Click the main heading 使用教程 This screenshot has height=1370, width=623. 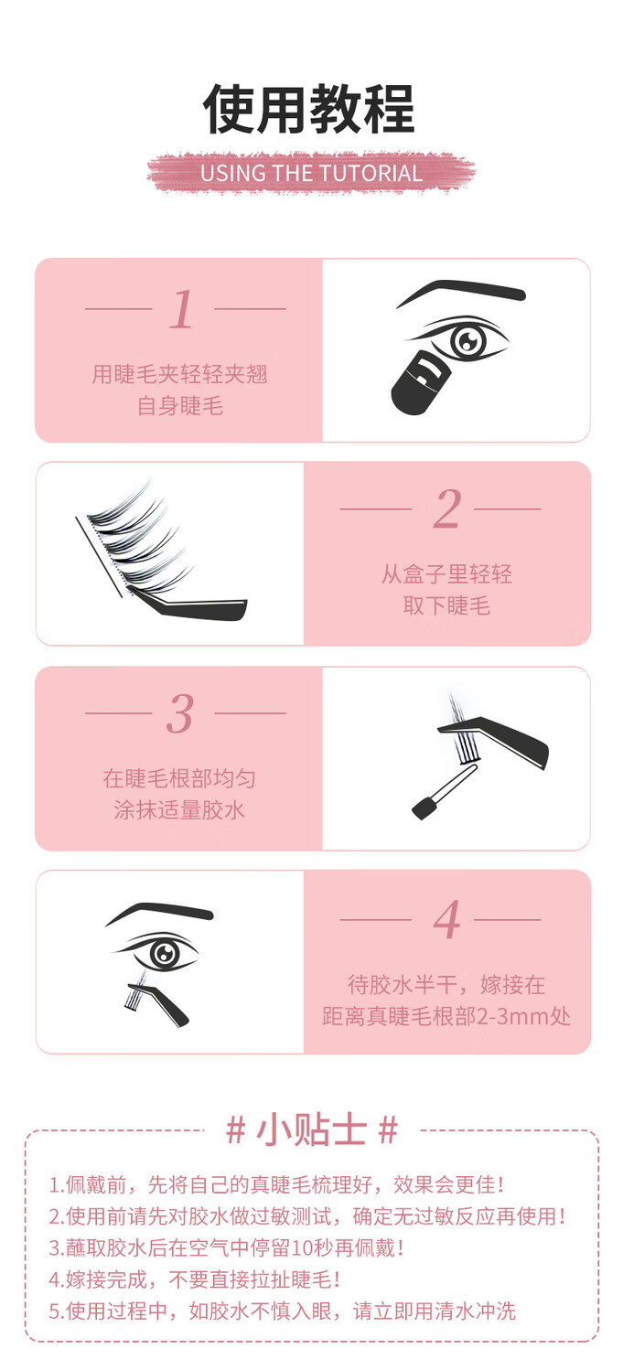[309, 109]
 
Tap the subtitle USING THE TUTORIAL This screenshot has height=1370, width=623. [311, 174]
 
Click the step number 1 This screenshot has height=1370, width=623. [181, 309]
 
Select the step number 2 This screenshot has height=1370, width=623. [446, 508]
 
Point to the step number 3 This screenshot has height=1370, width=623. [180, 713]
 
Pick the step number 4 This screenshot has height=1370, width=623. [446, 919]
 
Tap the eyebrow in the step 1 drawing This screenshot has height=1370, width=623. [461, 291]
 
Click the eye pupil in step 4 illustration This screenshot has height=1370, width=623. [164, 953]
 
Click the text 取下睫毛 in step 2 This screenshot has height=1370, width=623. [446, 605]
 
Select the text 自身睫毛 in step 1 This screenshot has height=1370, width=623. [180, 405]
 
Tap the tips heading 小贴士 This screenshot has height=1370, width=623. [311, 1129]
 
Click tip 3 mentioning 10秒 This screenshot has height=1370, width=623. [227, 1247]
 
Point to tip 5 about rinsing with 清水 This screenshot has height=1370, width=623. [282, 1311]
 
